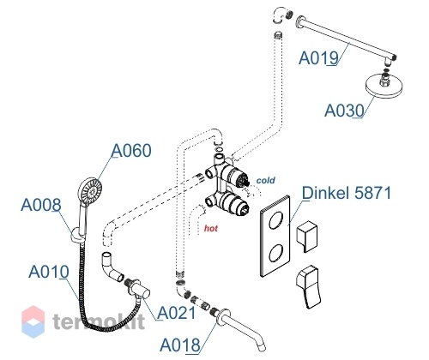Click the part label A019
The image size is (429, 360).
[318, 58]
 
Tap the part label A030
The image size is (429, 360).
[344, 111]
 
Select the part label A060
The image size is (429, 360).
[131, 151]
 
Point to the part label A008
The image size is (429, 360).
[41, 205]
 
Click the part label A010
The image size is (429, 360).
[49, 272]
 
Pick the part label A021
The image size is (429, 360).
[177, 313]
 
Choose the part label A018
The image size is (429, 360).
[180, 345]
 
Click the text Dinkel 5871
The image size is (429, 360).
[347, 193]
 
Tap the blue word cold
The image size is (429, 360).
[266, 180]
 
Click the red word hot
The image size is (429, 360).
[211, 228]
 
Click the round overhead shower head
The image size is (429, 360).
[384, 86]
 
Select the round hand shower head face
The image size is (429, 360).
[90, 191]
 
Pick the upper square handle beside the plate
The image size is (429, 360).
[306, 236]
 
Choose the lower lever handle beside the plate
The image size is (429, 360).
[309, 287]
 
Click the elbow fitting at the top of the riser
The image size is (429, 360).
[281, 15]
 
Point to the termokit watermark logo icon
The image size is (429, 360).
[33, 321]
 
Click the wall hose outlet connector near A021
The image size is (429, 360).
[138, 289]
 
